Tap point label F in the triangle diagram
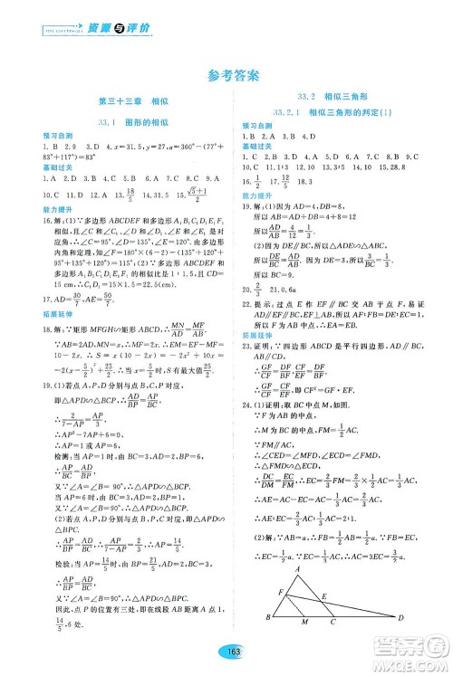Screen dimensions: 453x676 coord(267,591)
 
